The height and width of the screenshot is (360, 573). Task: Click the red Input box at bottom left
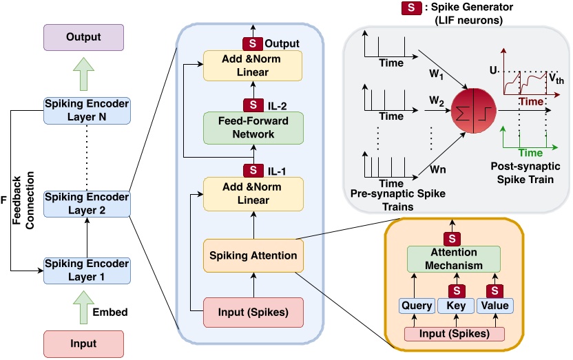click(x=84, y=343)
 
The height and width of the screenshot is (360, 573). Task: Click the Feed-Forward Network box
click(x=253, y=128)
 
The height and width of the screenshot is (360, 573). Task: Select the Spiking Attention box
click(x=253, y=255)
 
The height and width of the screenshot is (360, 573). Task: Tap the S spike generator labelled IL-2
click(x=253, y=105)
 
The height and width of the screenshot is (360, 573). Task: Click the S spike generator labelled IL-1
click(x=253, y=169)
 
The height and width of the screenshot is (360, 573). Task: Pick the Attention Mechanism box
click(x=453, y=260)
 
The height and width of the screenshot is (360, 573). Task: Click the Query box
click(x=416, y=306)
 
